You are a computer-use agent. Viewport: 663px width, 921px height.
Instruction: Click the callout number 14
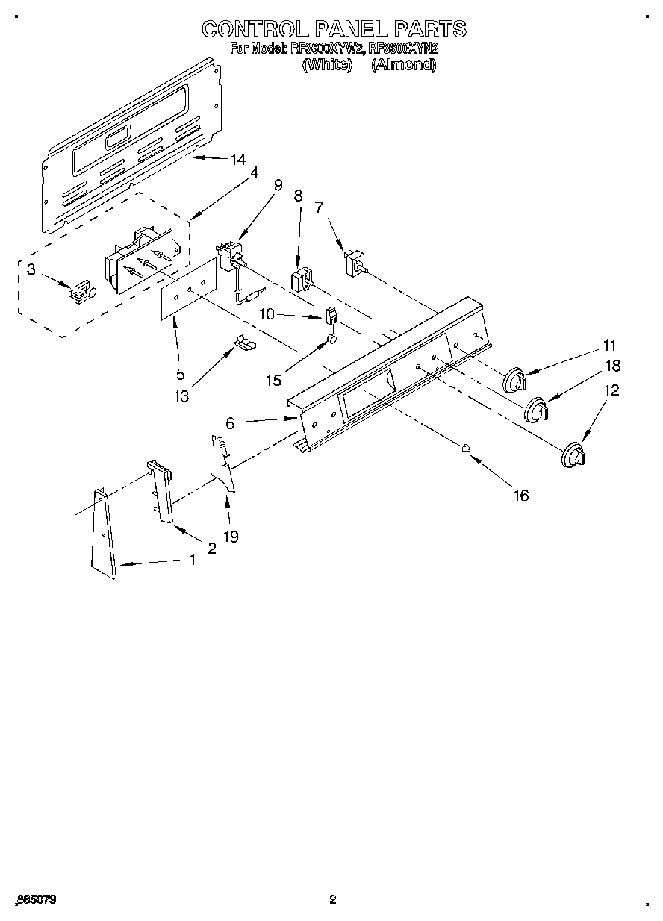pos(237,159)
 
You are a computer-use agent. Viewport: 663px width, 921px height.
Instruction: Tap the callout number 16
pos(520,495)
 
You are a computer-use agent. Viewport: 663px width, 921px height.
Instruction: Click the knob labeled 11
pos(514,380)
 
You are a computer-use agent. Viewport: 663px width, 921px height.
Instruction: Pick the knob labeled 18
pos(536,410)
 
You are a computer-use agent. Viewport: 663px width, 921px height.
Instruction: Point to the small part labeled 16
pos(465,448)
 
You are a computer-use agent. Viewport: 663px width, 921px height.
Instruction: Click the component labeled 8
pos(300,283)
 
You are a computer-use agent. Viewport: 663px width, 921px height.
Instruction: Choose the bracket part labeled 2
pos(161,491)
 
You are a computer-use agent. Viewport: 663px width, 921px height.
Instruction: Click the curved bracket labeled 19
pos(222,465)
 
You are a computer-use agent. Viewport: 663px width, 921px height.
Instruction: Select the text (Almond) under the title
pos(403,64)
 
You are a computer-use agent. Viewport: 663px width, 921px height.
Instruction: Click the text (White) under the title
pos(326,64)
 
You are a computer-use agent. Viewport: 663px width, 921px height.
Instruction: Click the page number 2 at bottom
pos(333,899)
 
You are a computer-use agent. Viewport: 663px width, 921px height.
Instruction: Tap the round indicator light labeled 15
pos(333,340)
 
